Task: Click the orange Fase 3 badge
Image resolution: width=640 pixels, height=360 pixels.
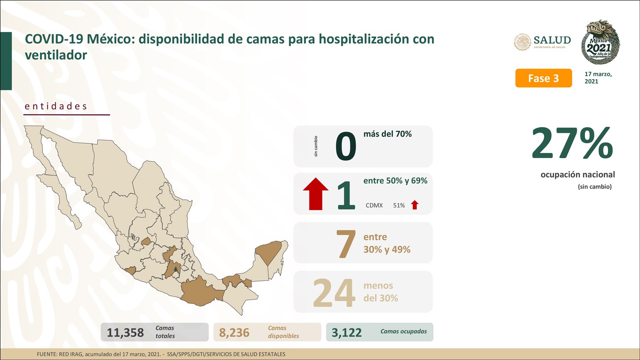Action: (543, 78)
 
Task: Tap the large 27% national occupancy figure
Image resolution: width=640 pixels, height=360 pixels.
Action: (572, 144)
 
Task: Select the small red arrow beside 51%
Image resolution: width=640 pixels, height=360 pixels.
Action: (415, 205)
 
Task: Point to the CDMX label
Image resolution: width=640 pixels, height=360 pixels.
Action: (374, 206)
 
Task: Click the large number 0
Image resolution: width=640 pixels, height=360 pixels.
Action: (346, 147)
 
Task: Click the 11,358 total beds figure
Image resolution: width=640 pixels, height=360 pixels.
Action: (125, 333)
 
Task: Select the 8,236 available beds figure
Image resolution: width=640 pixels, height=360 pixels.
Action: (234, 333)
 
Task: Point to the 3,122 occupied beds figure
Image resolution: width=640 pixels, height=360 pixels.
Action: (347, 333)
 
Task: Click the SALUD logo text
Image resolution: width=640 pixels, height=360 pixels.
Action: (552, 41)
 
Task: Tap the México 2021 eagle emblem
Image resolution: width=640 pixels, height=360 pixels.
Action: (600, 42)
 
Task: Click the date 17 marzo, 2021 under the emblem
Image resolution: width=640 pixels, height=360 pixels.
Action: (598, 78)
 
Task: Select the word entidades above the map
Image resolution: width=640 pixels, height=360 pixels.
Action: (56, 106)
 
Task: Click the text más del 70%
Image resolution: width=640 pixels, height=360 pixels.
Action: (387, 134)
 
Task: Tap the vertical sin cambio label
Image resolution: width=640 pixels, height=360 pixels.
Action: (316, 146)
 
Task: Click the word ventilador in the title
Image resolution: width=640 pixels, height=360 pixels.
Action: (56, 55)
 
